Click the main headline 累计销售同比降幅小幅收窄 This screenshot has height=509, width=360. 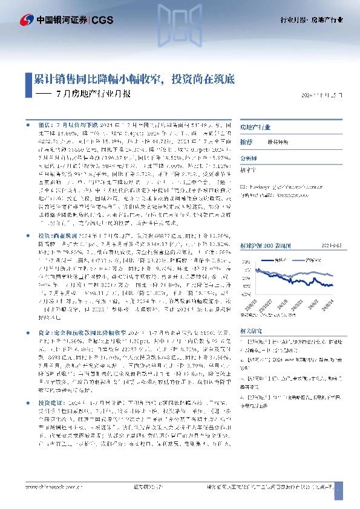[97, 79]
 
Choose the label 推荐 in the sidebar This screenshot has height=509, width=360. [246, 141]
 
